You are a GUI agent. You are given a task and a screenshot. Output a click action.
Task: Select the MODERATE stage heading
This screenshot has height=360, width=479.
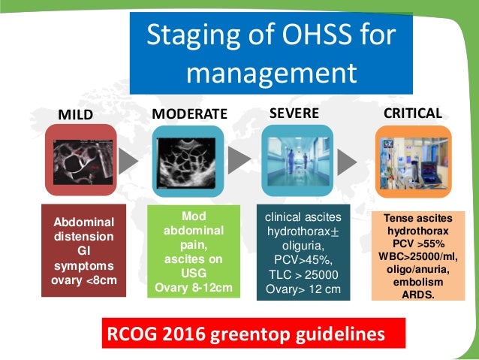click(x=189, y=114)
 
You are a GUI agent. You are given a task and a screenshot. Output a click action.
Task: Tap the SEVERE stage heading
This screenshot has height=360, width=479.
click(x=294, y=113)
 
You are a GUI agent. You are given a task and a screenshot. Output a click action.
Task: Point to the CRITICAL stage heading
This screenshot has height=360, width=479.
click(x=412, y=113)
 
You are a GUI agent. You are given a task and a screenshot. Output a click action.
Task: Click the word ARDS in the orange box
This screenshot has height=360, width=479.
click(x=412, y=294)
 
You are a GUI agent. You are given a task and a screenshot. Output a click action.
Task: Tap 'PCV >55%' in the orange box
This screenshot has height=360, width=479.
click(x=412, y=244)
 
